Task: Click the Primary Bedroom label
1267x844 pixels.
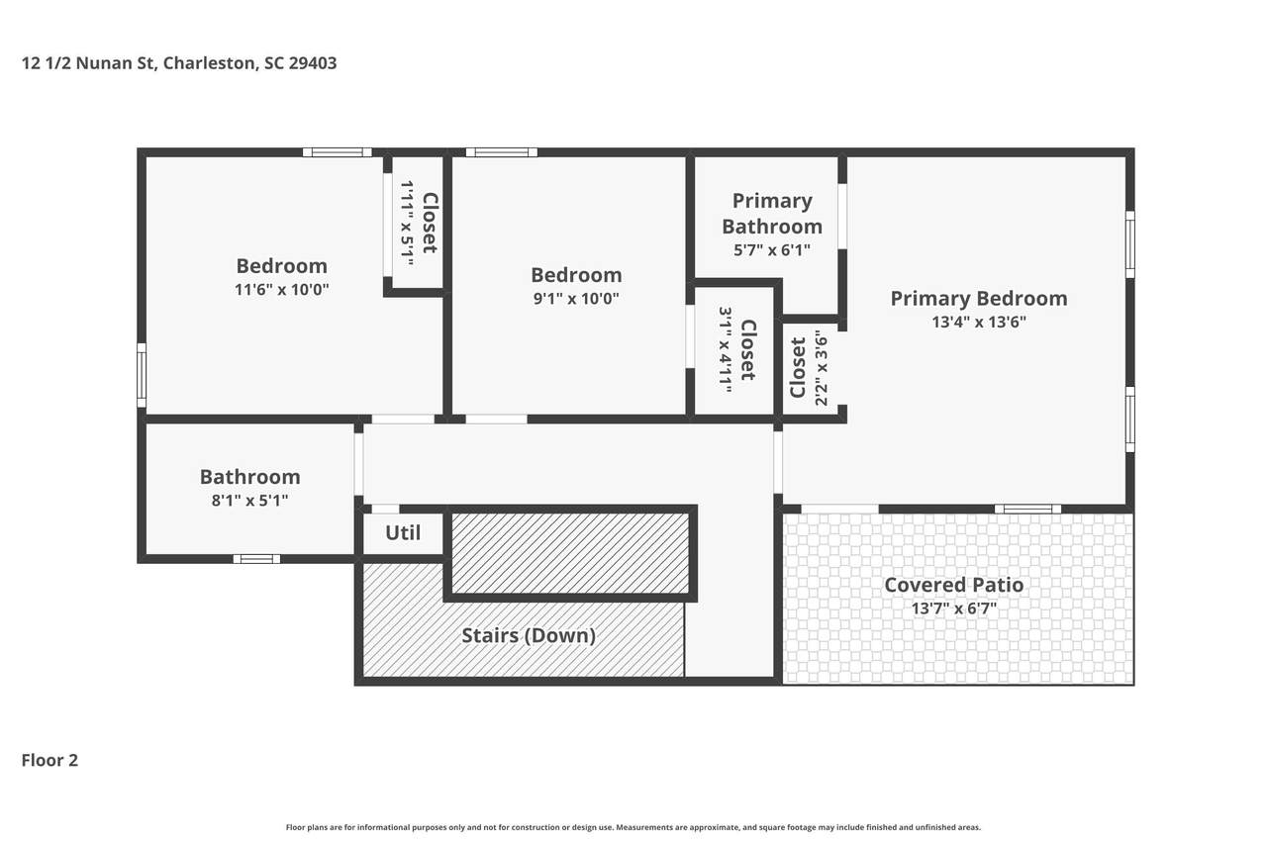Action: click(x=979, y=299)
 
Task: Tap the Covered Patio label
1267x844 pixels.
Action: click(x=953, y=585)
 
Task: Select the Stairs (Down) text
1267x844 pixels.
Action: click(x=529, y=635)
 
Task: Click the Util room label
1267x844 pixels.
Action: click(x=403, y=532)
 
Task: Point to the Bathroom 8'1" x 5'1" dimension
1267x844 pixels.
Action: click(x=250, y=501)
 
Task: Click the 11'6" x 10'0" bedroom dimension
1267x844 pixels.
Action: click(x=282, y=290)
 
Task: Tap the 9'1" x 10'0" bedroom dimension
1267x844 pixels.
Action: click(x=576, y=299)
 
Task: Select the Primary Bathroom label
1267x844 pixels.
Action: click(x=772, y=214)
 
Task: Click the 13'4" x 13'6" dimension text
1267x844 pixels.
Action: click(x=979, y=322)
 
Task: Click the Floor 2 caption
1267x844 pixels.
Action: click(x=49, y=760)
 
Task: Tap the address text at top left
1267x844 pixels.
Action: click(x=179, y=62)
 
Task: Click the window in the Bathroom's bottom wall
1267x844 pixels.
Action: click(x=256, y=559)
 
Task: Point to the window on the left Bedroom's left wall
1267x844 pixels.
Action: click(x=142, y=375)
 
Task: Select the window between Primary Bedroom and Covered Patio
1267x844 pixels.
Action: click(x=1027, y=509)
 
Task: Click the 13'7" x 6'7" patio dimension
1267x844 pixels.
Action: click(x=953, y=609)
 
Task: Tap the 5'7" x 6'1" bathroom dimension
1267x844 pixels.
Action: click(x=772, y=250)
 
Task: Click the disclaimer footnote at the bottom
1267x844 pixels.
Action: click(x=633, y=827)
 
